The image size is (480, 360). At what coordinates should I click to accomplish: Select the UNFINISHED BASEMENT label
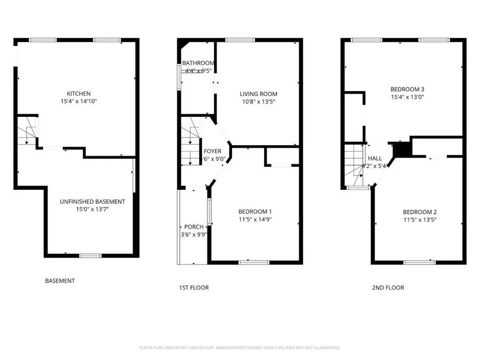coord(92,202)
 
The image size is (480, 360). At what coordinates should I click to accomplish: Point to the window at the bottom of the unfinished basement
coord(90,256)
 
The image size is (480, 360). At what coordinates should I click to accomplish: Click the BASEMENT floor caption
coord(59,281)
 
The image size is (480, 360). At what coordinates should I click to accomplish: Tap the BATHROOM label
coord(198,63)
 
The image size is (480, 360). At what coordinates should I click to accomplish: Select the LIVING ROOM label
coord(258,94)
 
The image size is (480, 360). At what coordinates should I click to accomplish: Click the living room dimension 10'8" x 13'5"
coord(258,101)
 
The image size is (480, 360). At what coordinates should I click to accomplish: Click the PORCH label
coord(193,227)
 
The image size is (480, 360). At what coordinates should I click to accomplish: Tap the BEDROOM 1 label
coord(255,211)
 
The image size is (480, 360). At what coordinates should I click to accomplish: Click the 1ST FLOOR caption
coord(194,288)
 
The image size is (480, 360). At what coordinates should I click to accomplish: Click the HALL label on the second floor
coord(375,158)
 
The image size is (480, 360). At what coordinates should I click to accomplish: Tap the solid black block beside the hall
coord(401,149)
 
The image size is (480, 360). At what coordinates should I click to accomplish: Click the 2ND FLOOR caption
coord(388,288)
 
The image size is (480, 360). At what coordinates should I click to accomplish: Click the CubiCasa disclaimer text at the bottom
coord(239,348)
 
